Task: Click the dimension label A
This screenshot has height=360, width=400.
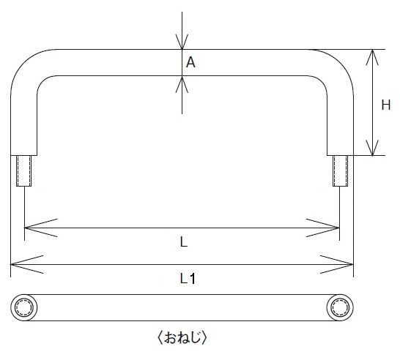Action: (x=190, y=62)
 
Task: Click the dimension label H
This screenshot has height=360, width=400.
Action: (x=385, y=105)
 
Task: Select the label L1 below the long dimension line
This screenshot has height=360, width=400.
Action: (x=188, y=279)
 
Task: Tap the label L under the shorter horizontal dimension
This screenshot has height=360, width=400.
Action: (x=184, y=241)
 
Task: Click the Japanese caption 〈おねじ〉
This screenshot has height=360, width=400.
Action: (x=182, y=337)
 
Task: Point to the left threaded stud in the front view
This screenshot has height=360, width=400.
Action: (x=24, y=170)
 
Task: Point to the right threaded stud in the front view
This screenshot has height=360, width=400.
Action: (x=340, y=170)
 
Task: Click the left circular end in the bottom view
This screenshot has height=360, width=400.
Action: (x=24, y=307)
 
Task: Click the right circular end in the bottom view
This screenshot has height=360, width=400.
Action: (x=340, y=307)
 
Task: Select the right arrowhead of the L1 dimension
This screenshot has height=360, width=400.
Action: (x=337, y=264)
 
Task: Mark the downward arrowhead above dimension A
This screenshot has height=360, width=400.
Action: (x=182, y=42)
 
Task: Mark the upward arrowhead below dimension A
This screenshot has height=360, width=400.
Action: (x=182, y=84)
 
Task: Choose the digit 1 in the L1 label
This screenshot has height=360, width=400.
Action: (x=193, y=279)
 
